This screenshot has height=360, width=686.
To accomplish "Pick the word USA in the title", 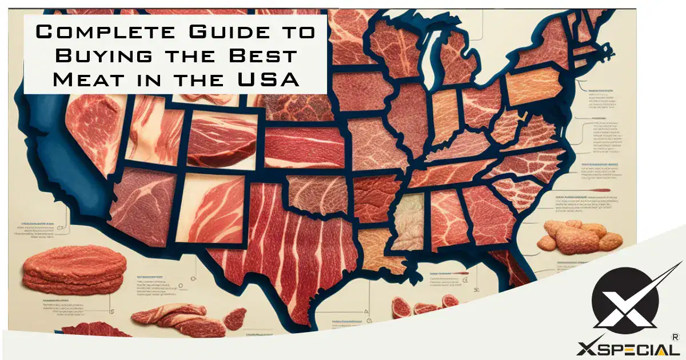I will [x=271, y=79].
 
